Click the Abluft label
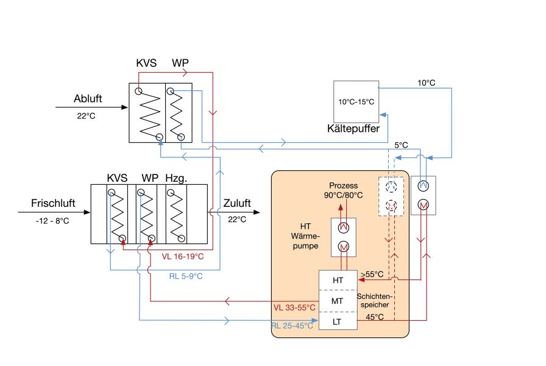88,99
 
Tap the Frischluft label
53,203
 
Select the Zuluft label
237,203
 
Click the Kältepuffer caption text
353,129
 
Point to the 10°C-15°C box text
356,102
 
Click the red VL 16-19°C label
182,257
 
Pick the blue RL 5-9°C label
186,276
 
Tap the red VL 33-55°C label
294,308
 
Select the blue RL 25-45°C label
292,326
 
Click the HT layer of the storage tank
338,280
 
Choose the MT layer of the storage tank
337,301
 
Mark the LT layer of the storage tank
337,321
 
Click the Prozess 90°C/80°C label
343,190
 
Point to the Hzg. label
176,178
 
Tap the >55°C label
372,274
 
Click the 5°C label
401,145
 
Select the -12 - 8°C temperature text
52,221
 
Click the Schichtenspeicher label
375,301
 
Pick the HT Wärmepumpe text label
305,236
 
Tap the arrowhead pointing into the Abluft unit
124,107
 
